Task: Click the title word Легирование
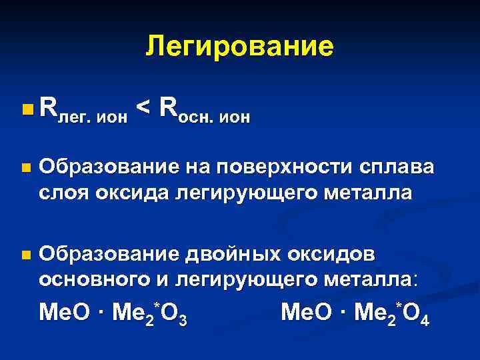[239, 46]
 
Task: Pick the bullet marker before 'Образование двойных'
[25, 255]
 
